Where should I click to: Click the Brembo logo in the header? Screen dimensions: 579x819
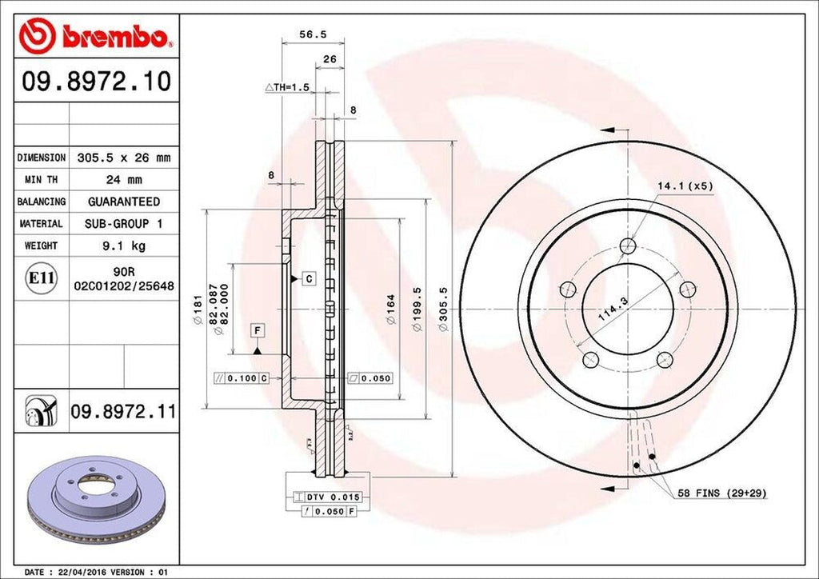[x=95, y=35]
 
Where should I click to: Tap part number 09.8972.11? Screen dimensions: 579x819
[x=123, y=412]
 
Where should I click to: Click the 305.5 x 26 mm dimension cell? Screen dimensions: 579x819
[x=123, y=158]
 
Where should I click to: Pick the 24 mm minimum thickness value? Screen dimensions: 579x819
[x=123, y=180]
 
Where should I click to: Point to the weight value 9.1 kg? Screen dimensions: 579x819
[x=123, y=246]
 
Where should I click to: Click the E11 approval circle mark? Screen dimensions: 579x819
[x=41, y=278]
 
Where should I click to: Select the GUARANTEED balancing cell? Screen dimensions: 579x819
[x=123, y=202]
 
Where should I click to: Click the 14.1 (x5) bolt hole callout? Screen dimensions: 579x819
[x=685, y=186]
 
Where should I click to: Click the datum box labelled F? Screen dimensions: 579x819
[x=258, y=329]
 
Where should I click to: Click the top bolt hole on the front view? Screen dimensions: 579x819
[x=629, y=246]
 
